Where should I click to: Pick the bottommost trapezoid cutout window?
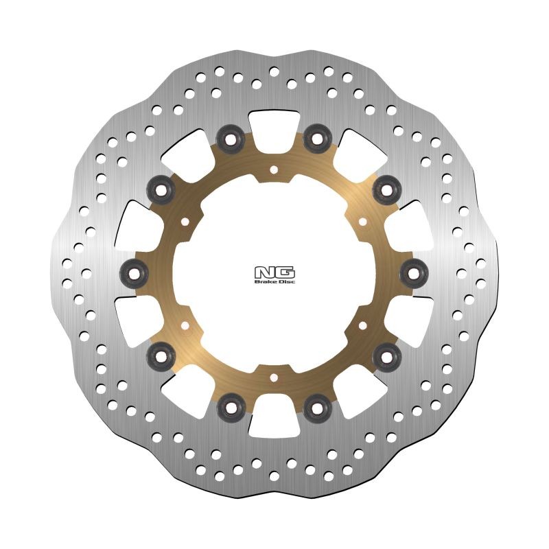274,424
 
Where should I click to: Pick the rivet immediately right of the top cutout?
317,139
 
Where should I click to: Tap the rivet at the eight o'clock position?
161,355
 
